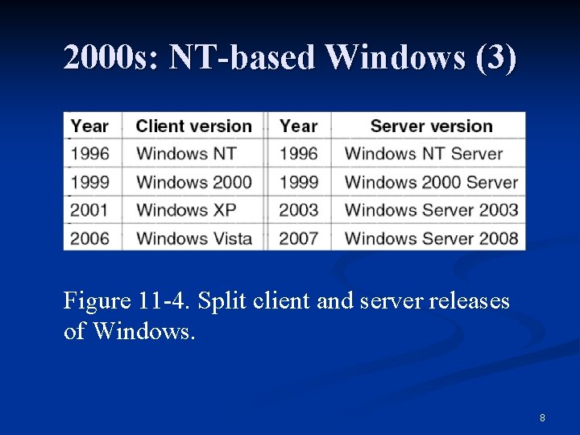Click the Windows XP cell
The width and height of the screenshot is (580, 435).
click(186, 210)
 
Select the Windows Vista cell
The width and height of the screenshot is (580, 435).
click(194, 238)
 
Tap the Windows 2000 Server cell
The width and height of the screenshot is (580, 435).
click(430, 182)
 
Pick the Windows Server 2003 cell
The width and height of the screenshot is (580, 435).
click(431, 210)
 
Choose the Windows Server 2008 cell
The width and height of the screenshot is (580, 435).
click(431, 238)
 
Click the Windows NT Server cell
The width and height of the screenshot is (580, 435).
click(423, 154)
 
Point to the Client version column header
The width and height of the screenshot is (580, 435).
click(193, 126)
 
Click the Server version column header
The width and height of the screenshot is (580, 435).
click(431, 126)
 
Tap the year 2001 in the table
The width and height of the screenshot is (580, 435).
click(89, 210)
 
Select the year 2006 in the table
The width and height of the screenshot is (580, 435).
click(89, 238)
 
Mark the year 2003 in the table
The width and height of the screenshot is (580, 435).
click(298, 210)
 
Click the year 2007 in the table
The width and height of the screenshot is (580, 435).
click(298, 238)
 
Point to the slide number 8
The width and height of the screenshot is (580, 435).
click(542, 417)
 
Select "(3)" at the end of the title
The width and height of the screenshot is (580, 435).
click(496, 58)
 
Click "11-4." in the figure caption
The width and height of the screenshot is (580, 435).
click(164, 301)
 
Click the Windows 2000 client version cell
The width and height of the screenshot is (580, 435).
click(194, 182)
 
